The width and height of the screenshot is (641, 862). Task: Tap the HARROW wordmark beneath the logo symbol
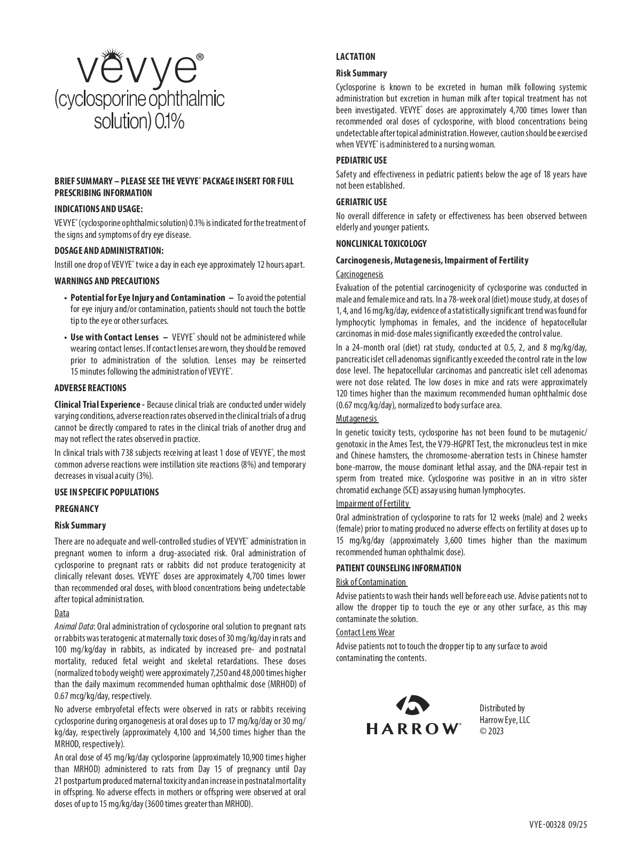click(x=413, y=728)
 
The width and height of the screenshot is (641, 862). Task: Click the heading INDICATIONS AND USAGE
click(x=99, y=209)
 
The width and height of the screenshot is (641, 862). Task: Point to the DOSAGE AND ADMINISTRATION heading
click(x=109, y=251)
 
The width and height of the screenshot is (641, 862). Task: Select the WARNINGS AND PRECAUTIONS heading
click(x=107, y=281)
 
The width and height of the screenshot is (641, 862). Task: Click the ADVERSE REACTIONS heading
click(x=90, y=388)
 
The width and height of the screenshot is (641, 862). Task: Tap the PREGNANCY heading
click(x=77, y=509)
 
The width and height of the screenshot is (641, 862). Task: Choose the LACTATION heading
click(x=356, y=57)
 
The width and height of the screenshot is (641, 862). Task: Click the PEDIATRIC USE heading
click(x=362, y=160)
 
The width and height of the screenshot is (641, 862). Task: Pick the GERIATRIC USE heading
click(x=362, y=202)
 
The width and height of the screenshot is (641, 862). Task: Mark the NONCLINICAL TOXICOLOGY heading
click(x=381, y=244)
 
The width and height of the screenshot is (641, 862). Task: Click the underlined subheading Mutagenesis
click(x=357, y=418)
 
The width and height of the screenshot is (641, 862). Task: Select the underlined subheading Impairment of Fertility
click(x=373, y=503)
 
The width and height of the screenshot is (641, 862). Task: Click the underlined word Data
click(x=62, y=613)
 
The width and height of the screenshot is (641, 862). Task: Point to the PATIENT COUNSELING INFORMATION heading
click(x=398, y=568)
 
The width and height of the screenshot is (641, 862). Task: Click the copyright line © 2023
click(x=491, y=731)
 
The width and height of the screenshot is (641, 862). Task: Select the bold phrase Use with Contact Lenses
click(x=114, y=337)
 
